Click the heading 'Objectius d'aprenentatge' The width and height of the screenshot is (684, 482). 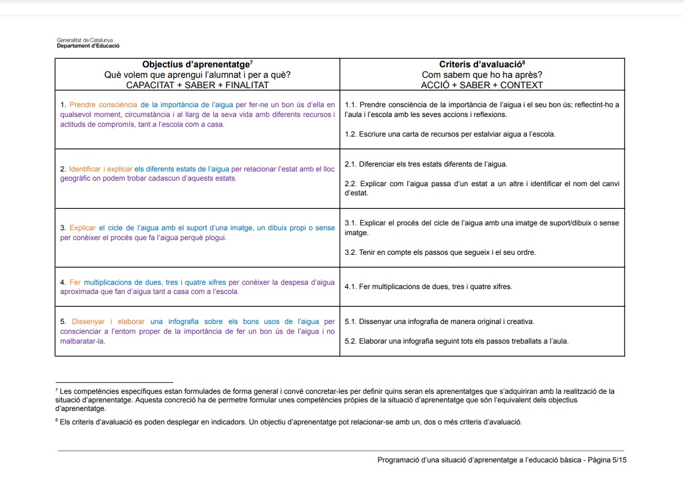point(196,64)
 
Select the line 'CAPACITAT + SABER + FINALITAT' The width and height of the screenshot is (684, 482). point(197,85)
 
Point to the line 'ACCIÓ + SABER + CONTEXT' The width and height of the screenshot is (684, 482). point(482,85)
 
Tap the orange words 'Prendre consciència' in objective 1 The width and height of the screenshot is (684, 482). point(103,105)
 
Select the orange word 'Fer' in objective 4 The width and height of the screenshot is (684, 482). point(75,282)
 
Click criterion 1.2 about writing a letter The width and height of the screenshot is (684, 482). point(450,134)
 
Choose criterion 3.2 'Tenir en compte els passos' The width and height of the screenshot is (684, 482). point(440,252)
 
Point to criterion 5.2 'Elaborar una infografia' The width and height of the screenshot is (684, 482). point(457,341)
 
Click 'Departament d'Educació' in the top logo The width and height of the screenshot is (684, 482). point(88,46)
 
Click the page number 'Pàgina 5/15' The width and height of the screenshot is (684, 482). point(607,460)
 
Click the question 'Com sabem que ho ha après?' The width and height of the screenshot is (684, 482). point(482,75)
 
